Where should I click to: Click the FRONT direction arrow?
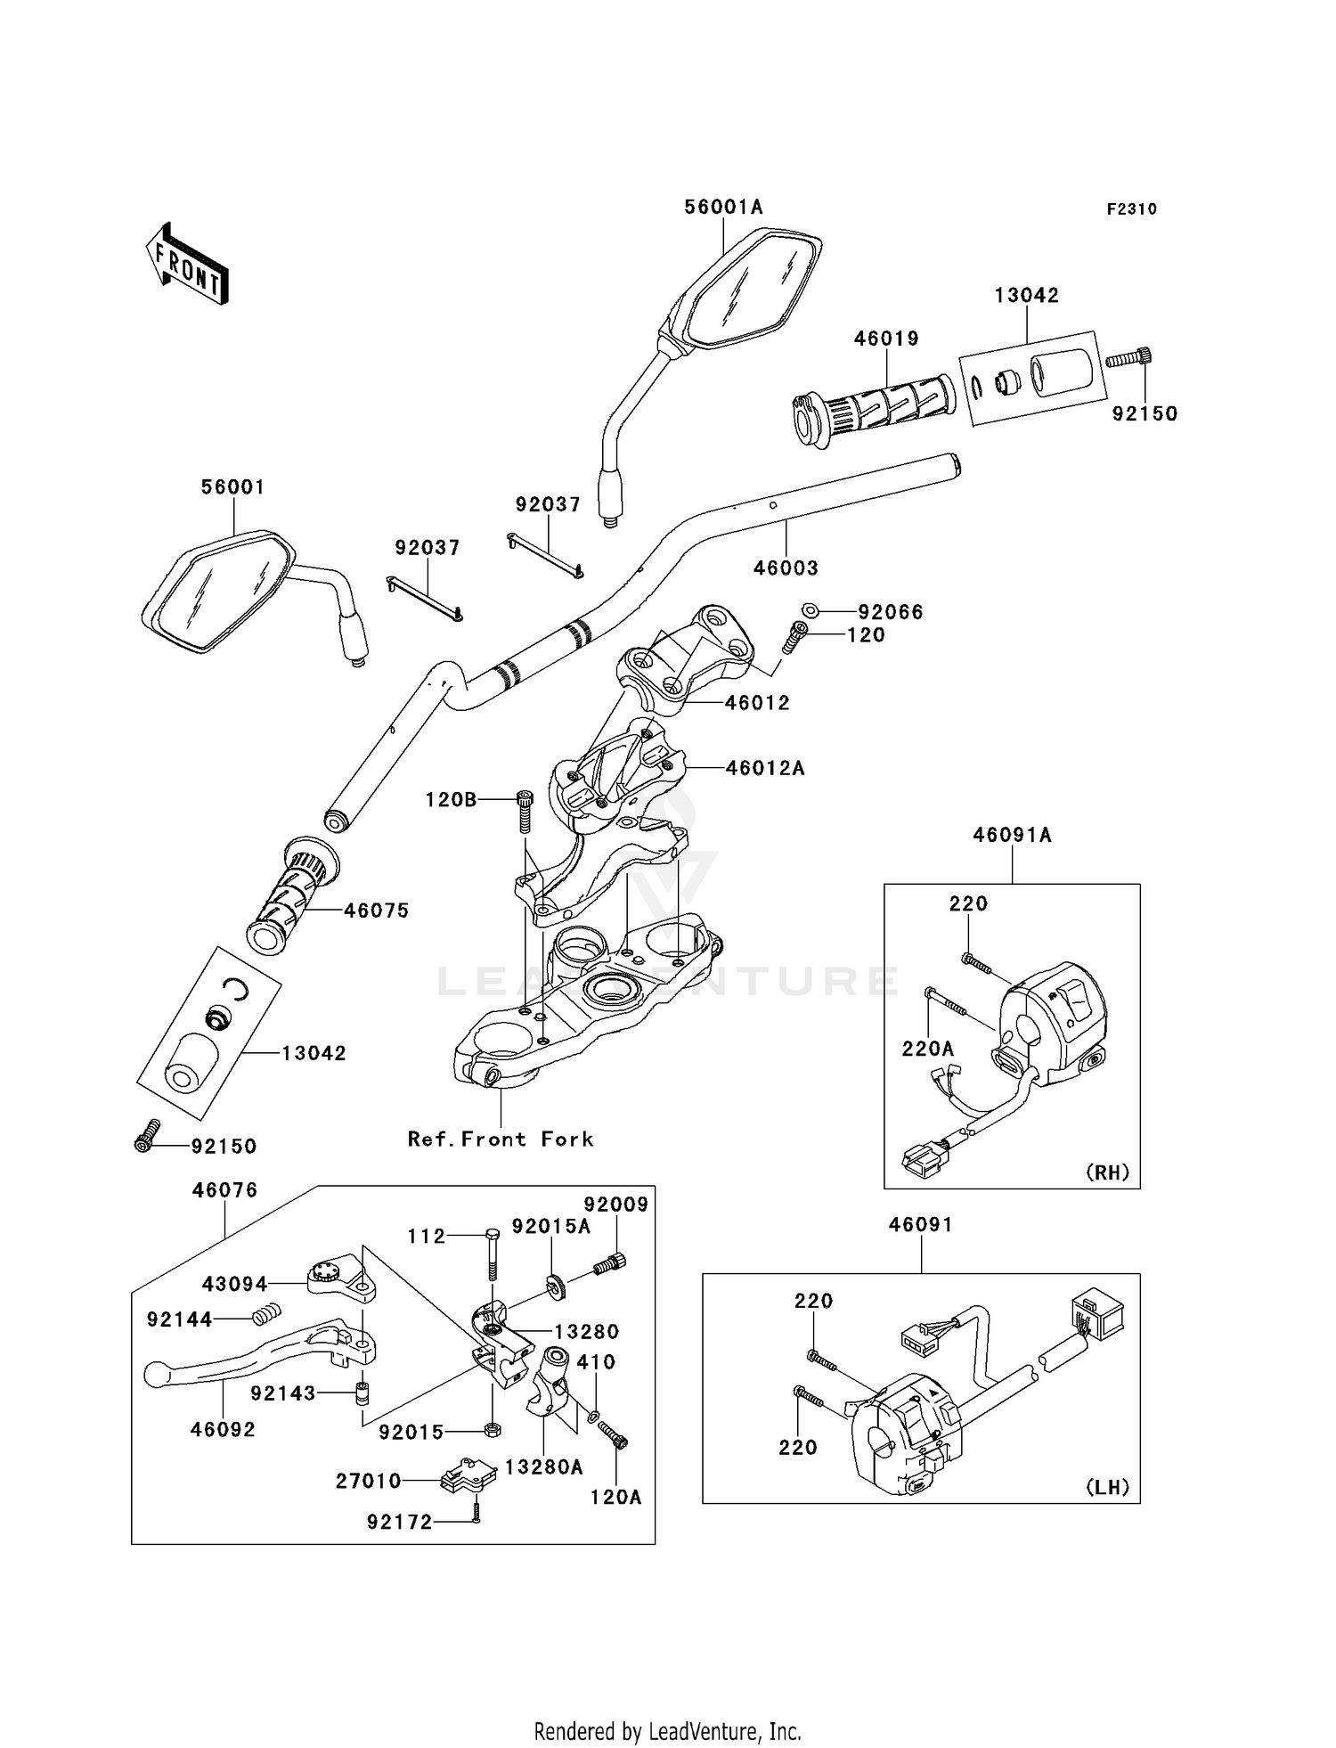pyautogui.click(x=188, y=264)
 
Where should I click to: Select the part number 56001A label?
pyautogui.click(x=723, y=207)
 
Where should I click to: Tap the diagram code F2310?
pyautogui.click(x=1131, y=209)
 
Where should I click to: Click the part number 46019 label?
pyautogui.click(x=886, y=339)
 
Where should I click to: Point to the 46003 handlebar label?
pyautogui.click(x=786, y=568)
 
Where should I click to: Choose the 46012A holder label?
pyautogui.click(x=765, y=768)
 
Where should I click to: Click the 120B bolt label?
pyautogui.click(x=451, y=800)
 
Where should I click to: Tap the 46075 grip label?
pyautogui.click(x=377, y=911)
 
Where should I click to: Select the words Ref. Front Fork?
pyautogui.click(x=501, y=1139)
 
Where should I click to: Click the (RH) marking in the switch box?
pyautogui.click(x=1107, y=1172)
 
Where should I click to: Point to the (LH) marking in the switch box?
pyautogui.click(x=1107, y=1487)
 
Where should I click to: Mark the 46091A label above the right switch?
pyautogui.click(x=1012, y=835)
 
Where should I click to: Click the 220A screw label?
pyautogui.click(x=927, y=1050)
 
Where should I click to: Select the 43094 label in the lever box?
pyautogui.click(x=234, y=1284)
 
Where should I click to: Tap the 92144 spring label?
pyautogui.click(x=180, y=1319)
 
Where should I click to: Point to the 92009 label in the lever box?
pyautogui.click(x=616, y=1205)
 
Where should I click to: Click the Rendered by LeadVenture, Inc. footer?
pyautogui.click(x=667, y=1731)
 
